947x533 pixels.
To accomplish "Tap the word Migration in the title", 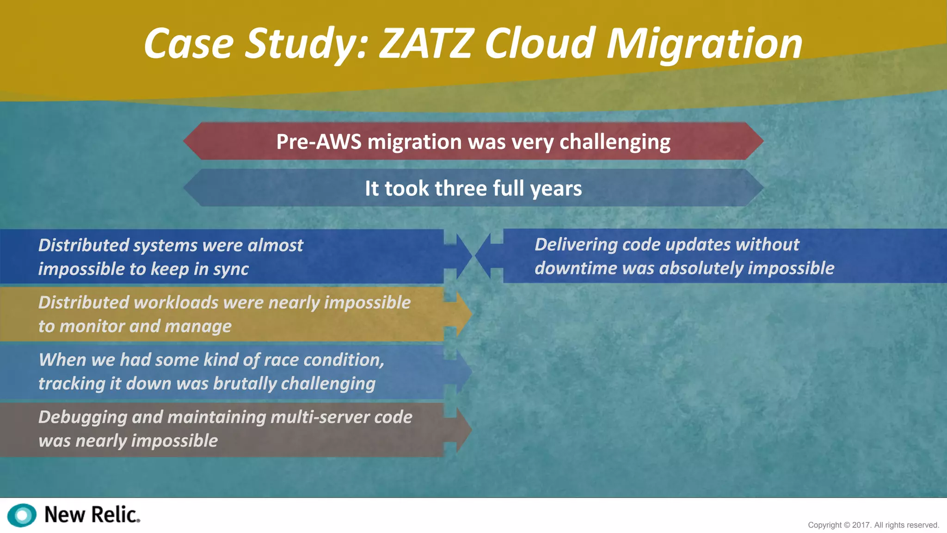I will click(704, 44).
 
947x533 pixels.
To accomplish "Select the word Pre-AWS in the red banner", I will click(319, 142).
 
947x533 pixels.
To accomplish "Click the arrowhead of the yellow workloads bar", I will click(463, 314).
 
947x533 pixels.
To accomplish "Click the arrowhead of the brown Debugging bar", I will click(463, 430).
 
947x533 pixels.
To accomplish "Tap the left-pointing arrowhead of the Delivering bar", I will click(483, 256).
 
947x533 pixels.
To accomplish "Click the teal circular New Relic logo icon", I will click(22, 515).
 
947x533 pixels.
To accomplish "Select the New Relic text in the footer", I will click(92, 515).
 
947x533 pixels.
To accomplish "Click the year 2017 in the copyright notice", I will click(861, 525).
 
